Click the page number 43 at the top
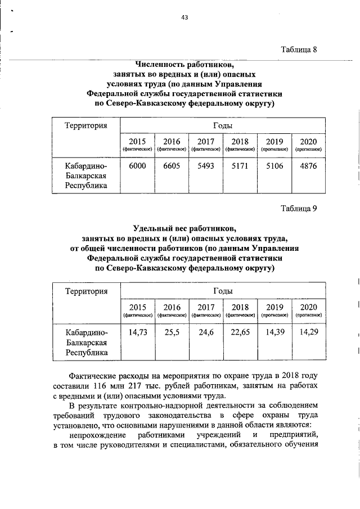click(184, 17)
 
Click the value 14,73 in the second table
click(138, 332)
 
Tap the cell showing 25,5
click(172, 332)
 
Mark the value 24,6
click(206, 332)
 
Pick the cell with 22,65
click(240, 332)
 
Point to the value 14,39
click(274, 332)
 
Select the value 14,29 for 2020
click(308, 332)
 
